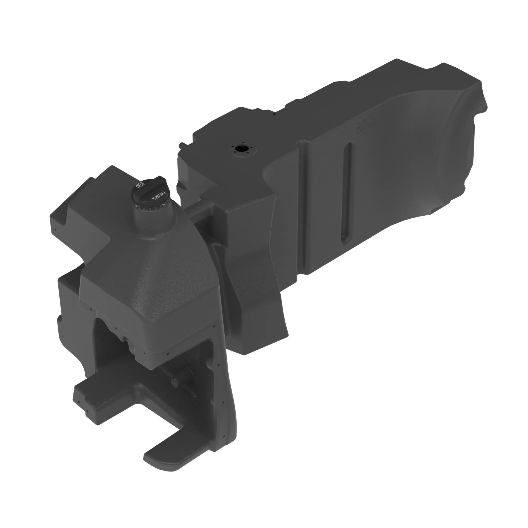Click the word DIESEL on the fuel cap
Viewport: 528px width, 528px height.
[x=156, y=196]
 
